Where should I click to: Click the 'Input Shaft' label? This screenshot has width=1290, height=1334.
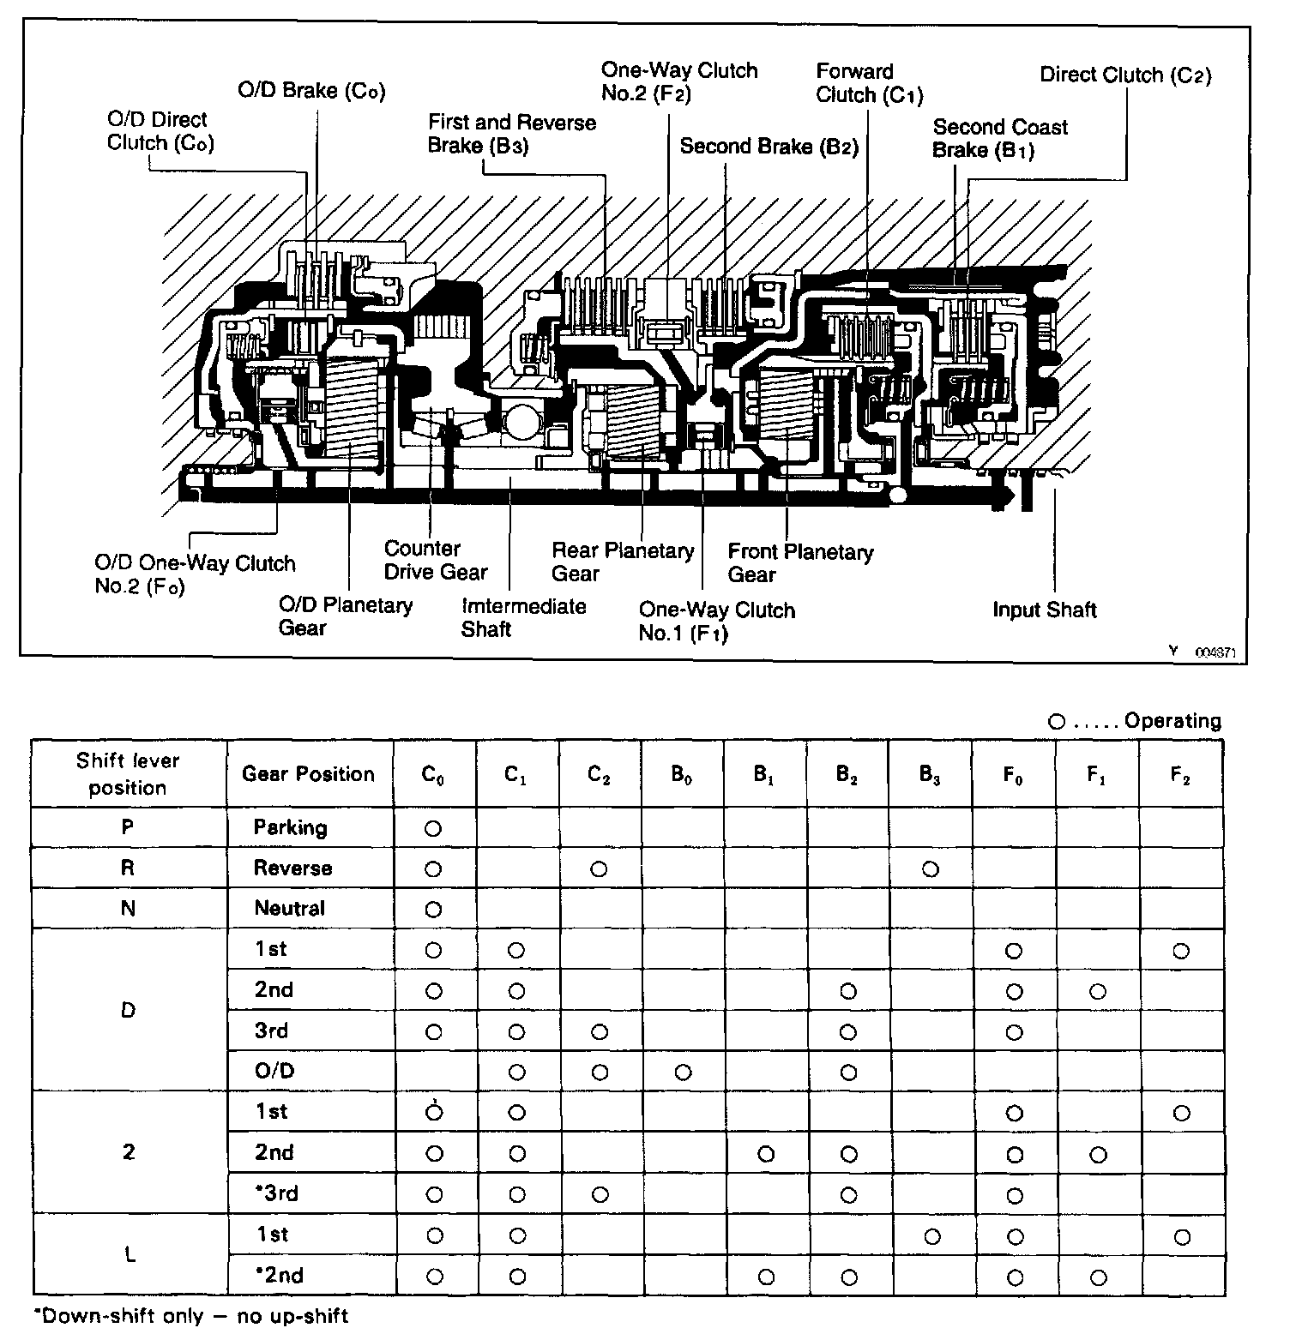[1044, 610]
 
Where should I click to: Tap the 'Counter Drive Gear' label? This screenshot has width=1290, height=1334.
[435, 560]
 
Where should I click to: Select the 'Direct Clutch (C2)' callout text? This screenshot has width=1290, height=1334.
[1125, 75]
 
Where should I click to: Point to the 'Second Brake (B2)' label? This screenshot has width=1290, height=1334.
[769, 146]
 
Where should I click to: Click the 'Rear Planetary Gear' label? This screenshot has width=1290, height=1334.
[622, 562]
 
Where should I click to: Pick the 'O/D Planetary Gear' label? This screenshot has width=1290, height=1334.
[345, 616]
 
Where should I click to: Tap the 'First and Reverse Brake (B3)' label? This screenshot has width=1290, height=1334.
[511, 134]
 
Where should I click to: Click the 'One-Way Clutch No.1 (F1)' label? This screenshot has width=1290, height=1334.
[716, 622]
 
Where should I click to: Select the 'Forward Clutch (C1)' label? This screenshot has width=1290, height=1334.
[868, 83]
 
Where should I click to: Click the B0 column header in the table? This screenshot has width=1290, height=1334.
[682, 775]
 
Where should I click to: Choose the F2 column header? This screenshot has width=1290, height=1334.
[1180, 775]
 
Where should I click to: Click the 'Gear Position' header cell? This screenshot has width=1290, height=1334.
[308, 774]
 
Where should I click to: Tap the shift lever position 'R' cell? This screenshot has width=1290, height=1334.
[128, 868]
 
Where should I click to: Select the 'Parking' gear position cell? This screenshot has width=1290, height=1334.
[290, 827]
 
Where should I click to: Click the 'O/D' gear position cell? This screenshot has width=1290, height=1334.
[274, 1071]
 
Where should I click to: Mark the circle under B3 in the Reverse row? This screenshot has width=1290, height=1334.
[930, 869]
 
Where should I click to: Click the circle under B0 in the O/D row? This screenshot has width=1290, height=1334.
[683, 1072]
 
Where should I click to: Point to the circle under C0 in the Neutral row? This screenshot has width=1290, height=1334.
[433, 910]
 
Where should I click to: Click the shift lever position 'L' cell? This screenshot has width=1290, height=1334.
[130, 1255]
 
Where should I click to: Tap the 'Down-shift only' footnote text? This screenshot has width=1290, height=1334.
[190, 1315]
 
